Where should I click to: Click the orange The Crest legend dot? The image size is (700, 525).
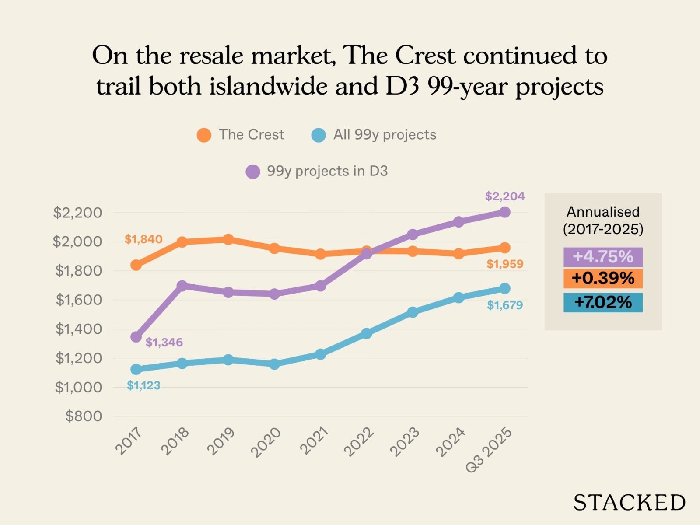point(204,135)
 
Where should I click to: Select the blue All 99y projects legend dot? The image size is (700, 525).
point(318,135)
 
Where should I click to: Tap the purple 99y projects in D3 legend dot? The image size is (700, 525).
point(253,171)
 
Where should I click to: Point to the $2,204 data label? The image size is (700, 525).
point(505,196)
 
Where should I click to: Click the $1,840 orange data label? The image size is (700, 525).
point(143,239)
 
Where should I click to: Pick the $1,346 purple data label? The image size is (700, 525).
point(164,342)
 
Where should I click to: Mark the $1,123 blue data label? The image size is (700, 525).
point(143,385)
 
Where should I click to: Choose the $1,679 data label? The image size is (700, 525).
point(505,305)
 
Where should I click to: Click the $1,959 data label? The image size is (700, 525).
point(505,264)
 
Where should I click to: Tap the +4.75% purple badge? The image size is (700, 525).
point(603,257)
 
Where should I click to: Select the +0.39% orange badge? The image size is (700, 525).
point(603,278)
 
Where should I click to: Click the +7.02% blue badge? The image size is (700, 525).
point(603,302)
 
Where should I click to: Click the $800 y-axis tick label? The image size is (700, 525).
point(84,416)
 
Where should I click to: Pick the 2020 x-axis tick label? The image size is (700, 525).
point(266,442)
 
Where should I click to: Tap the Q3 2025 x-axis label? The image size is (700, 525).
point(488,450)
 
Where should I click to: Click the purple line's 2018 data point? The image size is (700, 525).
point(182,286)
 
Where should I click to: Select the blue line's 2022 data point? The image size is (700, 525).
point(367,333)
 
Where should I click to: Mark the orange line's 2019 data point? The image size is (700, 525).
point(228,239)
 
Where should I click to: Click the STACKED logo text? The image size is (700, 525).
point(629,503)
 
